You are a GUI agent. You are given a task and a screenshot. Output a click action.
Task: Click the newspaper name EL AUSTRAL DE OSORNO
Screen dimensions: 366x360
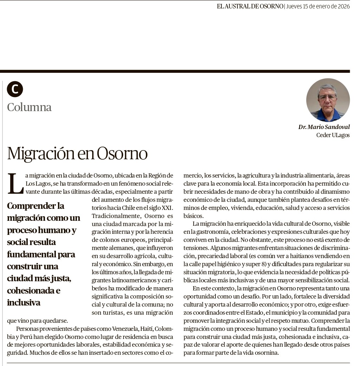(250, 6)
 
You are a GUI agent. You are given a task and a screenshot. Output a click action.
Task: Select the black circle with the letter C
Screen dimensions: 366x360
(15, 89)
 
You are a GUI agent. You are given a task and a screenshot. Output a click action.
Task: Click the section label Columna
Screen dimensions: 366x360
(29, 107)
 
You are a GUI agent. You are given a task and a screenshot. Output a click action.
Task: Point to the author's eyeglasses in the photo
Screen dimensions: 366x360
(328, 97)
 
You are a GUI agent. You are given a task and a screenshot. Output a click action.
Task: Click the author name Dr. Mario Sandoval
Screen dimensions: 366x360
(324, 127)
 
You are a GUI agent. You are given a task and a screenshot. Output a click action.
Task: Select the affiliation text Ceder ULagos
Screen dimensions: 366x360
(333, 135)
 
